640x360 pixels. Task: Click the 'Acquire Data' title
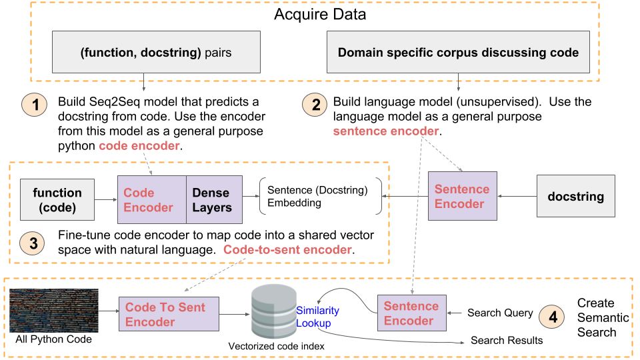click(320, 14)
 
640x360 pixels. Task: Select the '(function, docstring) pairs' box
click(156, 52)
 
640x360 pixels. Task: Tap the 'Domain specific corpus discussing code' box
click(458, 52)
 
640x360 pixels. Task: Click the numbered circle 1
click(34, 105)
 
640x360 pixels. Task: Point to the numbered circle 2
click(315, 105)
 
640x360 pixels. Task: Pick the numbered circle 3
click(32, 243)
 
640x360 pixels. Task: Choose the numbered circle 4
click(551, 317)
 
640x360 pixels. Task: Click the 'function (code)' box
click(57, 199)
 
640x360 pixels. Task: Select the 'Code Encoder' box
click(152, 199)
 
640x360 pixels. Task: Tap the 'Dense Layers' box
click(214, 199)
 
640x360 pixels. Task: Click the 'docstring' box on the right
click(575, 196)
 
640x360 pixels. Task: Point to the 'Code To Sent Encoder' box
click(169, 314)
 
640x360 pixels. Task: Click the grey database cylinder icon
click(274, 311)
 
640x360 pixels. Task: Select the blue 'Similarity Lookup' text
click(317, 317)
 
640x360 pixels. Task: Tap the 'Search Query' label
click(500, 313)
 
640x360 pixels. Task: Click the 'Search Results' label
click(507, 341)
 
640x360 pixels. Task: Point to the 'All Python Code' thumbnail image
click(54, 311)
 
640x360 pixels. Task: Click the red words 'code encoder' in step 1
click(139, 146)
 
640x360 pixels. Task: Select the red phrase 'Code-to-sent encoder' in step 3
click(287, 249)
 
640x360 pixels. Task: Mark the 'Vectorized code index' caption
click(276, 346)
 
